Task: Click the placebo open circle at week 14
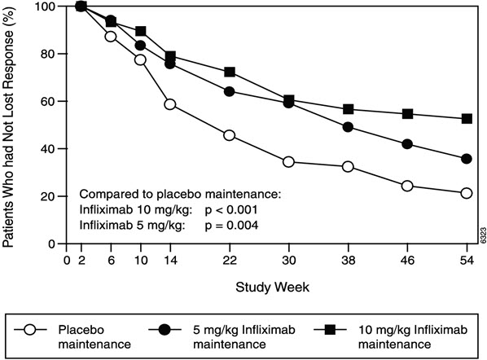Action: pos(170,104)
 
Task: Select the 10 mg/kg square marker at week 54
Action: pos(467,118)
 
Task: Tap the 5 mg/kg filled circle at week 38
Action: pos(349,127)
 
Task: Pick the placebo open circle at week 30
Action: pos(289,162)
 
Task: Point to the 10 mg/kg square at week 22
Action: pos(230,72)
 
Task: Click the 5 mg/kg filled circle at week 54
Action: pos(467,159)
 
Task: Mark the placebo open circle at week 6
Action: pos(111,37)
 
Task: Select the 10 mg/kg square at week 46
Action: pos(408,114)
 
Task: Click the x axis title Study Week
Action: pos(266,288)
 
